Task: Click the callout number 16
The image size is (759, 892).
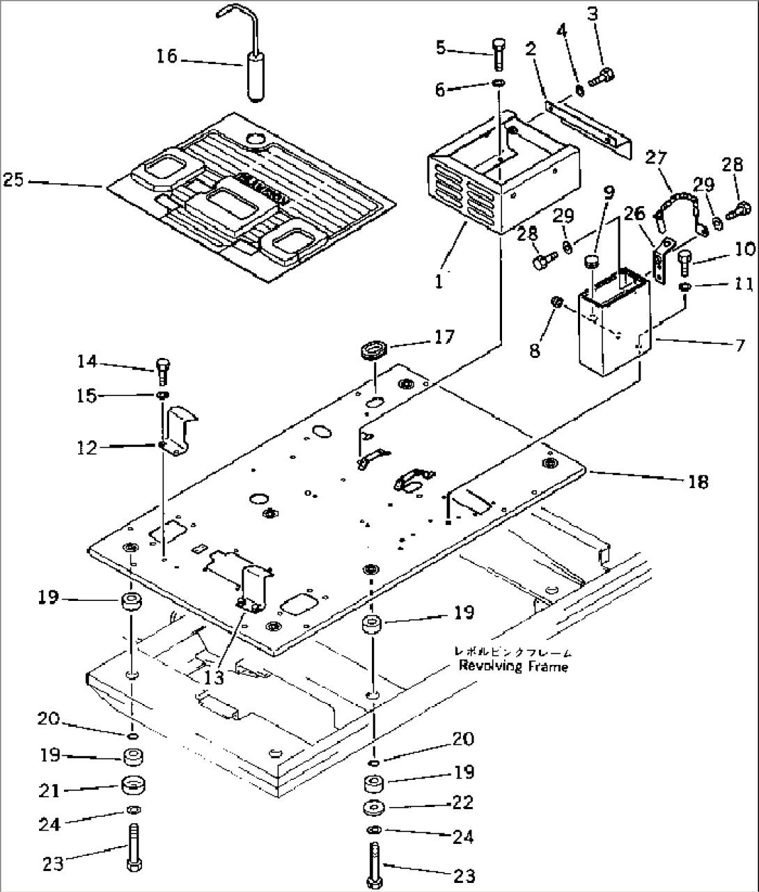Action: (167, 56)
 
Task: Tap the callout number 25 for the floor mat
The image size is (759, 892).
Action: (13, 180)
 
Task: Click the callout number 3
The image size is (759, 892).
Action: (592, 14)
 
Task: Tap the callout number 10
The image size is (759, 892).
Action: (744, 249)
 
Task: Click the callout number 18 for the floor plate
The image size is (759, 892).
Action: (698, 481)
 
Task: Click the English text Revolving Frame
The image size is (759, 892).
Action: (512, 667)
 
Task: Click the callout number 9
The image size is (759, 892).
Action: (609, 193)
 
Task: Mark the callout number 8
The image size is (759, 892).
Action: (534, 350)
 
